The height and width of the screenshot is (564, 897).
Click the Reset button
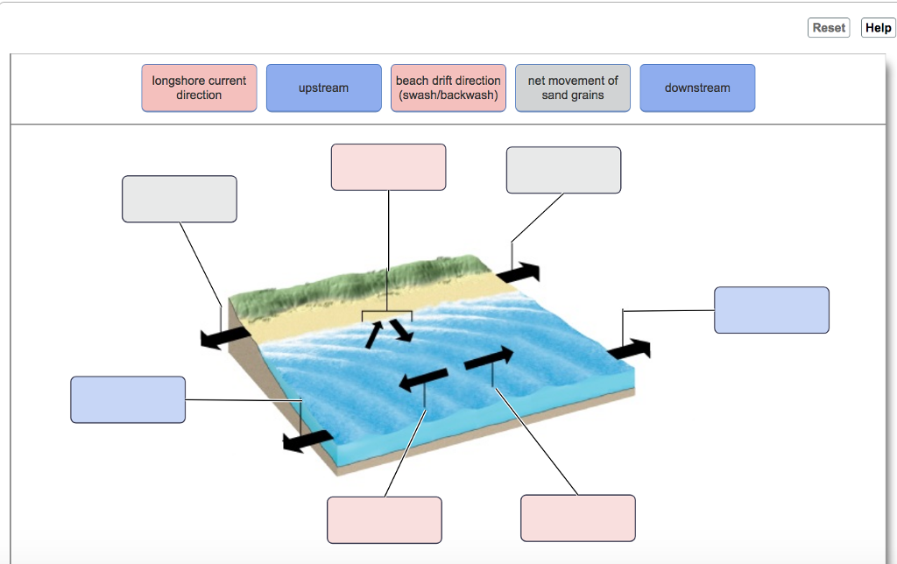click(x=829, y=28)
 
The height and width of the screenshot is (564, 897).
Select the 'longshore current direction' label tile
click(x=199, y=88)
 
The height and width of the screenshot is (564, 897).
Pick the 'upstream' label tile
click(x=323, y=88)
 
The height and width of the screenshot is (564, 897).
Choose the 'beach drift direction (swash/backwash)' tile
click(x=448, y=88)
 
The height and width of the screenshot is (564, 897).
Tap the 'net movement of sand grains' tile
click(x=573, y=88)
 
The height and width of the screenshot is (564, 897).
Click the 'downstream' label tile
click(x=697, y=88)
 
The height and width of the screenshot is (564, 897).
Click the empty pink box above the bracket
click(x=388, y=167)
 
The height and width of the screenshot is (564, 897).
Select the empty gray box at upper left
click(x=180, y=199)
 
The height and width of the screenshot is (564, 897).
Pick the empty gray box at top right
click(x=563, y=170)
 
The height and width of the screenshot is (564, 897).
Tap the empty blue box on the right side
click(x=771, y=310)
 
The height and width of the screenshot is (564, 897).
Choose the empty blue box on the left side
click(x=128, y=399)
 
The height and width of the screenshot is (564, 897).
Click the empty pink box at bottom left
click(x=384, y=519)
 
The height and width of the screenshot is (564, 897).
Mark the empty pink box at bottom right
click(x=578, y=518)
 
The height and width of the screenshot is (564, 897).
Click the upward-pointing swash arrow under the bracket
click(x=374, y=333)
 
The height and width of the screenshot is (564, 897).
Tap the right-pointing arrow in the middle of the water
click(x=489, y=357)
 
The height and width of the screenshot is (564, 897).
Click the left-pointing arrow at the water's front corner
click(x=307, y=441)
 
